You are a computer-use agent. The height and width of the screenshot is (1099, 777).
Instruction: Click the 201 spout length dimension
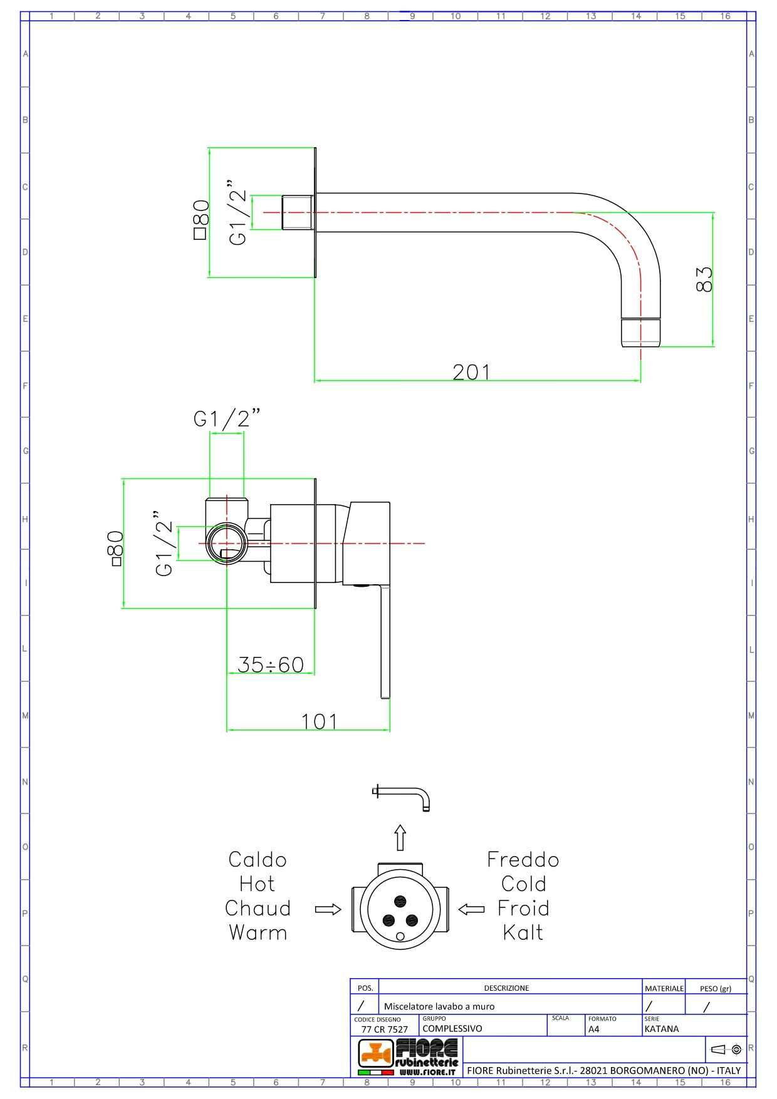click(471, 372)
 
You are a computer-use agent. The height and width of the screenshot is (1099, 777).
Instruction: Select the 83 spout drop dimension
click(704, 279)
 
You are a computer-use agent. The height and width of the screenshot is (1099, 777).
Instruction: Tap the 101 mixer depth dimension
click(320, 721)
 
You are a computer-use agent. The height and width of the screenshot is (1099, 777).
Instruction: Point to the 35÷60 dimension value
click(271, 664)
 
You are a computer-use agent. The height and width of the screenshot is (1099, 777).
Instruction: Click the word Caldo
click(258, 859)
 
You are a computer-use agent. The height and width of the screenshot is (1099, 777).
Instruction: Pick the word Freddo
click(523, 859)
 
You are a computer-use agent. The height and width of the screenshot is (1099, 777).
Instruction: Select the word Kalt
click(523, 932)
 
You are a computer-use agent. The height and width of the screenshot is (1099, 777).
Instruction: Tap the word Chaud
click(258, 908)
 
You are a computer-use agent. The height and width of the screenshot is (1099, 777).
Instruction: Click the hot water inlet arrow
click(328, 909)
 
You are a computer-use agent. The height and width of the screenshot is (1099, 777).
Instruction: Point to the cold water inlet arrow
click(471, 909)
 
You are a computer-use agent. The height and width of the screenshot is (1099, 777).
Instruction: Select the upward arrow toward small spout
click(400, 838)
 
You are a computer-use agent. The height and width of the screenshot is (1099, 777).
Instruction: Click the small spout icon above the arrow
click(402, 797)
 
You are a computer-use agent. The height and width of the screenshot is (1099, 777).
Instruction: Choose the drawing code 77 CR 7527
click(384, 1029)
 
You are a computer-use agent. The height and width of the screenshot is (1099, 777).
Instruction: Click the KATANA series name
click(662, 1029)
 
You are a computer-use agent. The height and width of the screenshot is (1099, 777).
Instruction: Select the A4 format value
click(594, 1029)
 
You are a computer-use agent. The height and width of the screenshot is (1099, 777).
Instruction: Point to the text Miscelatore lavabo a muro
click(439, 1006)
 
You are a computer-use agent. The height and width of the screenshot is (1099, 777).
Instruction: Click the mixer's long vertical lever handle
click(385, 645)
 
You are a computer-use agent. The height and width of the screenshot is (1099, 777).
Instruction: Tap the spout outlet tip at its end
click(641, 333)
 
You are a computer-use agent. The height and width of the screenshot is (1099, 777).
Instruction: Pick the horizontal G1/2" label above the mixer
click(227, 418)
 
